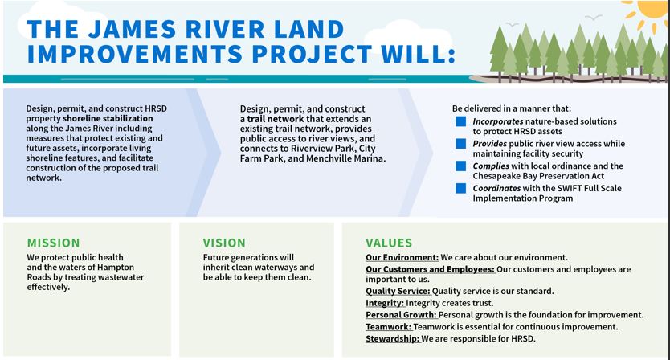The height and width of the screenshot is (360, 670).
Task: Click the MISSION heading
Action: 53,243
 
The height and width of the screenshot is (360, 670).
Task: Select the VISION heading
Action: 224,243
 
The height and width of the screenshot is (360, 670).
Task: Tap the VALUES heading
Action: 389,243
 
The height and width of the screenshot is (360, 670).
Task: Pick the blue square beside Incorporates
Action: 460,121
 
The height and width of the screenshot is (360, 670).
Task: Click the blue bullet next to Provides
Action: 460,144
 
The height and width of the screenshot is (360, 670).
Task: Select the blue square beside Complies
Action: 460,166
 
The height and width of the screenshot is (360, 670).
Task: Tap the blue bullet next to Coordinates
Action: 460,188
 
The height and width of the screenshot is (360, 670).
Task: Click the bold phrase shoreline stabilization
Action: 108,118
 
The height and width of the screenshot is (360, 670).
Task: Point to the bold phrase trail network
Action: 276,119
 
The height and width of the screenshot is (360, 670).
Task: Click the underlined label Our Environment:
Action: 402,257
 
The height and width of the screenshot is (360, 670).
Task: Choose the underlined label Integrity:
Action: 385,303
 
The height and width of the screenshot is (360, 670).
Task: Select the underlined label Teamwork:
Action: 389,327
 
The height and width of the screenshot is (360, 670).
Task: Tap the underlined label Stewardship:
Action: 393,339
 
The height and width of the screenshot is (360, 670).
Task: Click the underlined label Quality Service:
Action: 398,291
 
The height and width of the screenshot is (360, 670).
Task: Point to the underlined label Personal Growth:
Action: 401,315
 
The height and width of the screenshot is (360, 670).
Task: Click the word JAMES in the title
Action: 132,29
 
